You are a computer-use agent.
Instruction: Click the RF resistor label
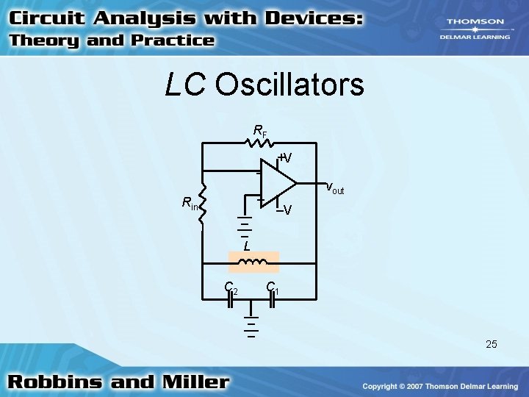260,132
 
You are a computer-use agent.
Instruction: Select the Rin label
190,204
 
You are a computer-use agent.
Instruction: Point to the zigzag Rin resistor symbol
203,202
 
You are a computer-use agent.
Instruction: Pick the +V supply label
285,158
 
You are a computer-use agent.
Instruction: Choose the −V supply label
284,210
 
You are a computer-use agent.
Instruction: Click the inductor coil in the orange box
253,262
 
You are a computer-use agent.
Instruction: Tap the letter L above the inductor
247,246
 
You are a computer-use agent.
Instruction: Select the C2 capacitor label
231,288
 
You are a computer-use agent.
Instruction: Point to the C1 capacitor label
272,288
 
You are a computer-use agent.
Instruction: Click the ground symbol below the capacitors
251,328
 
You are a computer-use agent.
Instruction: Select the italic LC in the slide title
186,85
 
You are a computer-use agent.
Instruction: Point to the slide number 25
491,343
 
